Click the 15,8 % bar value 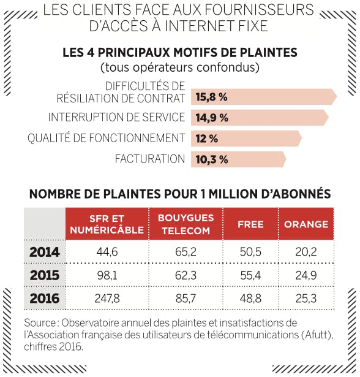tap(211, 97)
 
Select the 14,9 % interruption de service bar tap(260, 118)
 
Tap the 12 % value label tap(206, 139)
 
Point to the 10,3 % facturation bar tap(238, 159)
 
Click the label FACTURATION tap(150, 159)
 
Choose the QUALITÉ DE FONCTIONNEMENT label tap(106, 138)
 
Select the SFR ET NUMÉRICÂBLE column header tap(107, 224)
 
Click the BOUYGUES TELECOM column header tap(186, 224)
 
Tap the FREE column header tap(250, 224)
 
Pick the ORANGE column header tap(306, 224)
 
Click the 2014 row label tap(45, 252)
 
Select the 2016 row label tap(45, 299)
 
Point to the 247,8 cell tap(107, 299)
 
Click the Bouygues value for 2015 tap(186, 275)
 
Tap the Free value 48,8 tap(250, 299)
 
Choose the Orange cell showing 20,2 tap(306, 252)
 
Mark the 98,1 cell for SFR tap(107, 275)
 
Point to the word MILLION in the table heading tap(233, 194)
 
